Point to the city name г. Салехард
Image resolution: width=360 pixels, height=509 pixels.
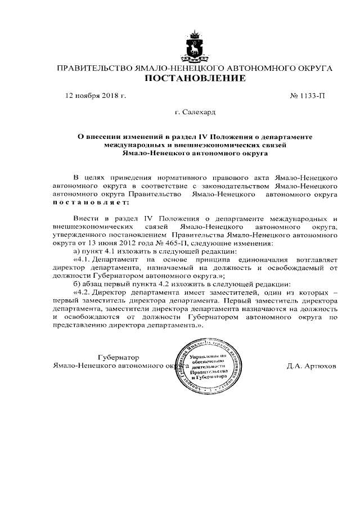pos(195,112)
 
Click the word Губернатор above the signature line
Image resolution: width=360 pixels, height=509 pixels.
pos(118,357)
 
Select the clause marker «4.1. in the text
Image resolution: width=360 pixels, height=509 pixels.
pos(82,260)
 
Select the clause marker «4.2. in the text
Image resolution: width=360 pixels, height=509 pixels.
pos(82,292)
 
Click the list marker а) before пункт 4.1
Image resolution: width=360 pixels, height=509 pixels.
pos(77,252)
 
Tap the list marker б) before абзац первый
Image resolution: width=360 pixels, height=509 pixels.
pos(77,285)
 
